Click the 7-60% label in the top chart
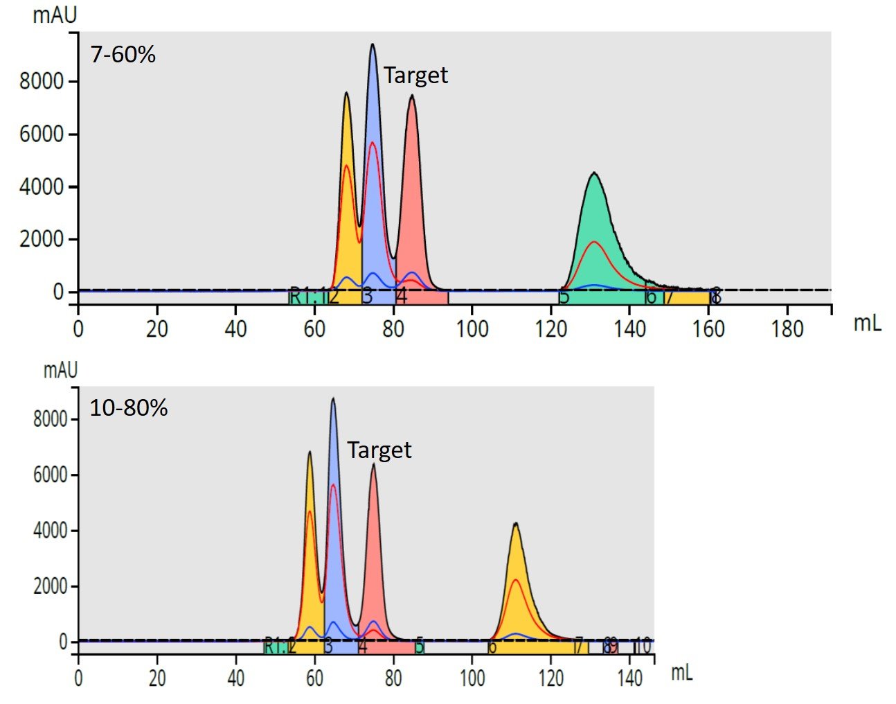coord(123,55)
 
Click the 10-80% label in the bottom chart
coord(129,408)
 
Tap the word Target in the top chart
coord(415,76)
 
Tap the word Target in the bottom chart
coord(379,450)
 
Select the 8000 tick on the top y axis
coord(42,82)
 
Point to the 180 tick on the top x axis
coord(787,328)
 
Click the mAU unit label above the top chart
coord(55,15)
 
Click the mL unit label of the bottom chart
coord(681,671)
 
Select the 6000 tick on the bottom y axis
coord(51,475)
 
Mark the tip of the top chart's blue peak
coord(373,45)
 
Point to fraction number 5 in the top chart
coord(564,297)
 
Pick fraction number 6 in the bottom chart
coord(492,647)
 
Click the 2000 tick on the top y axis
coord(42,239)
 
